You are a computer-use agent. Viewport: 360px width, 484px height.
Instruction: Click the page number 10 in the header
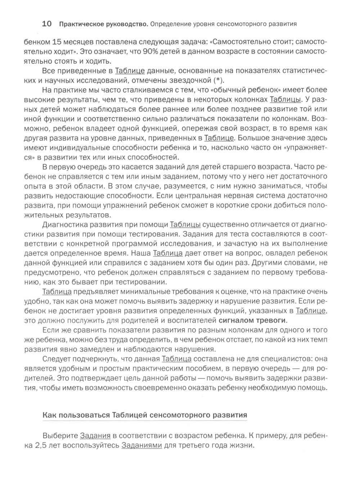click(46, 24)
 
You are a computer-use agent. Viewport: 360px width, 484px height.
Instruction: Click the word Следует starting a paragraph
click(55, 359)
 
